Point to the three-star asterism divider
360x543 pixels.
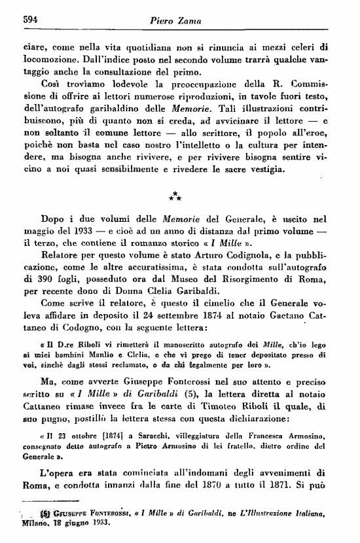pos(175,196)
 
